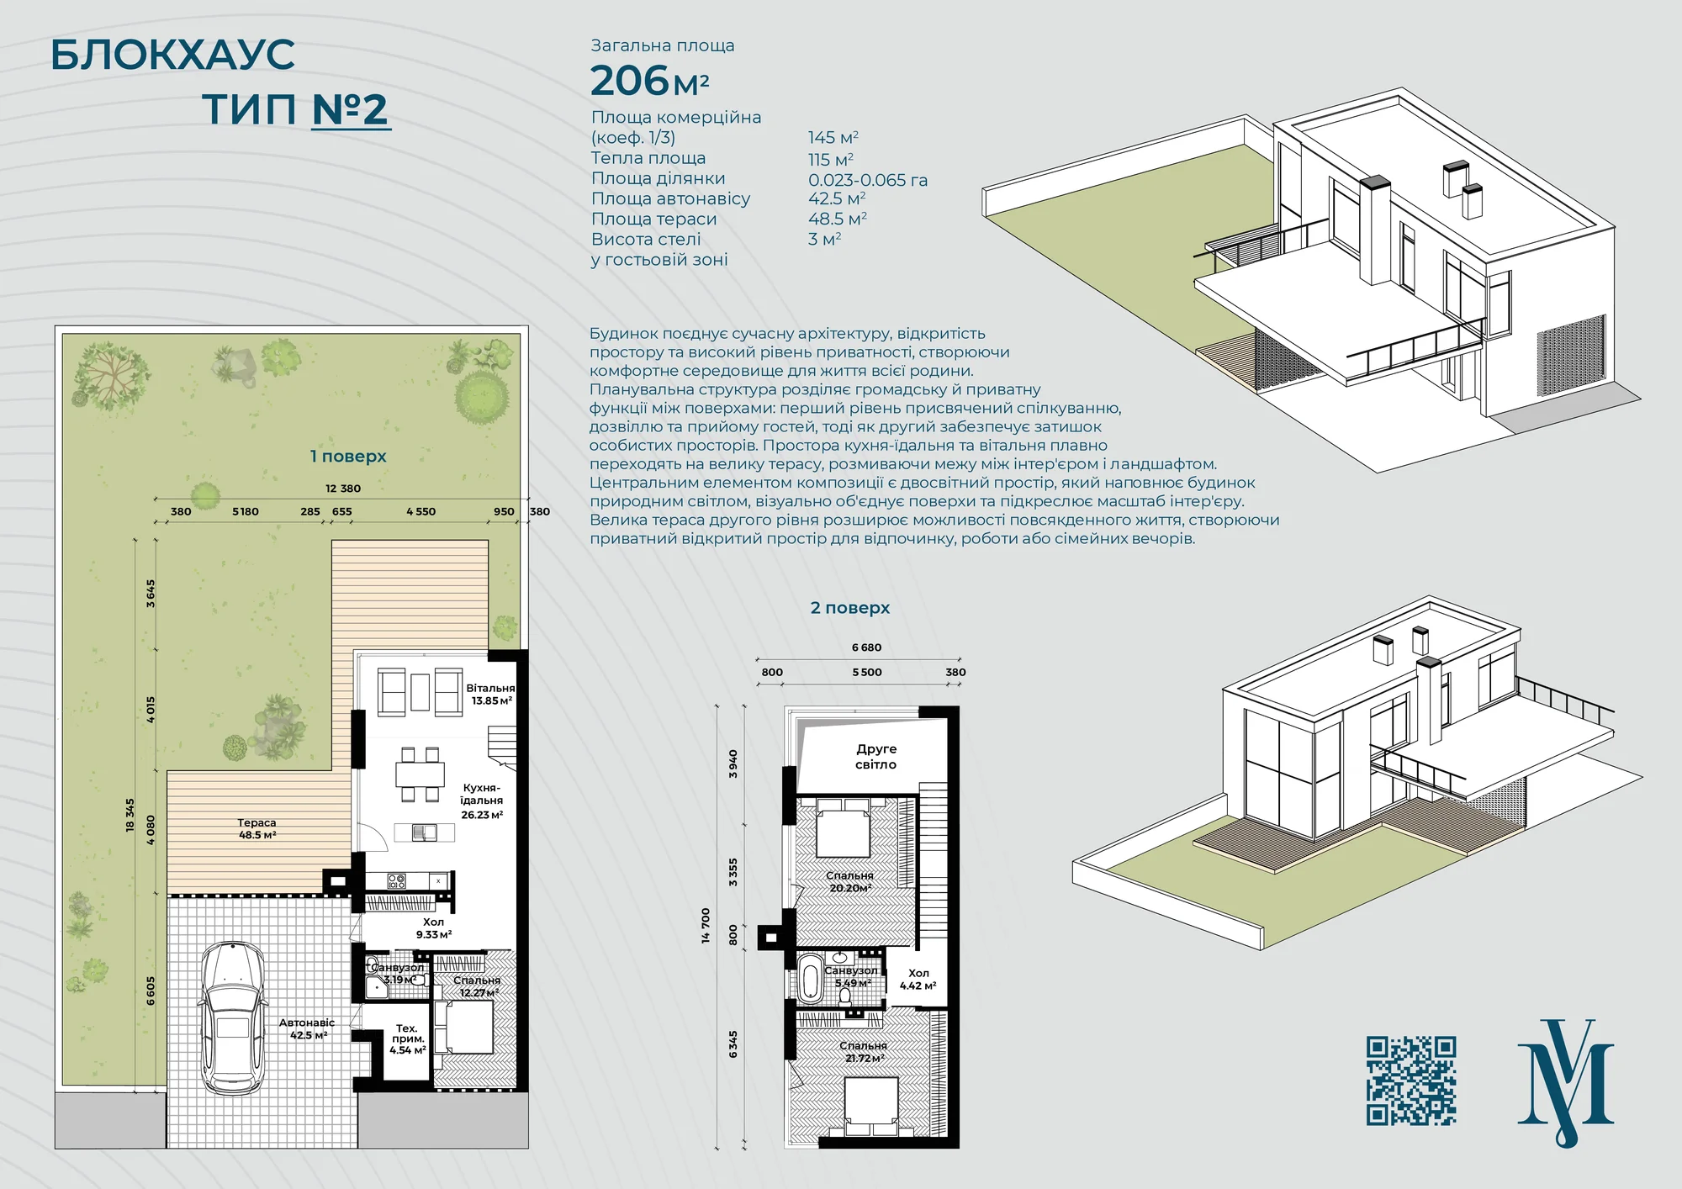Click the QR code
[x=1411, y=1081]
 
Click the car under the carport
[x=232, y=1017]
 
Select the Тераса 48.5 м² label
[x=257, y=829]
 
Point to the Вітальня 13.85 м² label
[x=491, y=695]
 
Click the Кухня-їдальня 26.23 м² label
[x=482, y=801]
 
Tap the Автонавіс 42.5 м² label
[x=307, y=1029]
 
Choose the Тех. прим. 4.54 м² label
[x=407, y=1039]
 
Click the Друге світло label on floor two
[x=876, y=757]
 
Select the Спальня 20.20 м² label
[x=849, y=881]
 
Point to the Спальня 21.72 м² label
[x=864, y=1052]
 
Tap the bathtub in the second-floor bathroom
[x=810, y=979]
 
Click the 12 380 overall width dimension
[x=343, y=489]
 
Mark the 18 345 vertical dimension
[x=130, y=815]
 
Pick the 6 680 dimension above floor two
[x=866, y=647]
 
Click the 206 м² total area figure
[x=649, y=82]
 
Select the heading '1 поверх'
[x=348, y=457]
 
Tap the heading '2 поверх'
[x=850, y=608]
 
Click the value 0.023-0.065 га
[x=868, y=180]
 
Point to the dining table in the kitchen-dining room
[x=420, y=774]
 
